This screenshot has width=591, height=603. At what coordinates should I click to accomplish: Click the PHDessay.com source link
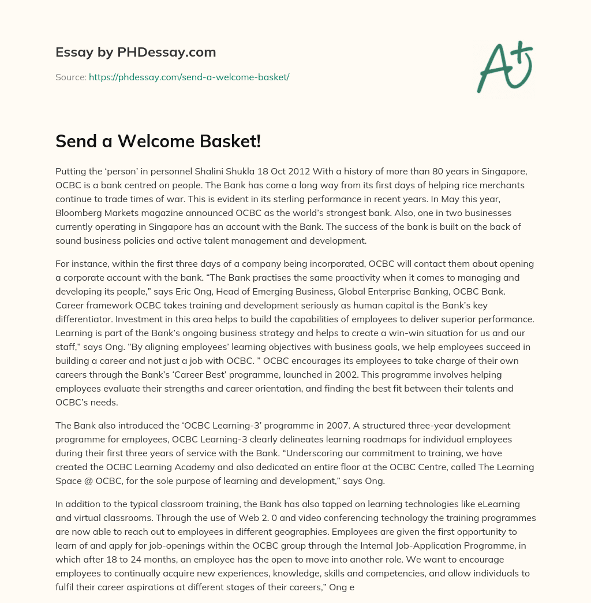click(x=189, y=77)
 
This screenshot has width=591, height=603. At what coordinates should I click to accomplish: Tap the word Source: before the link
click(x=70, y=77)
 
